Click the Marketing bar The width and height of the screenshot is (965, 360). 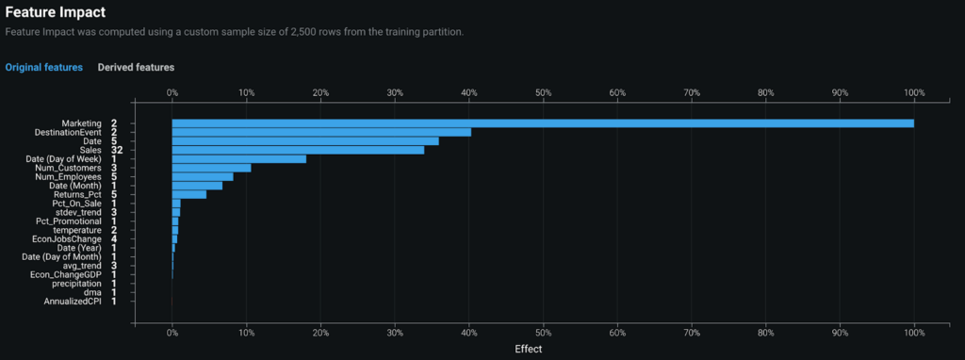(542, 123)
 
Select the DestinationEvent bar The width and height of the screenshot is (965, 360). (320, 132)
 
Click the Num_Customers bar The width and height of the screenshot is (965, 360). (211, 168)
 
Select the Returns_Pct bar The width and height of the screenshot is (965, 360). (188, 194)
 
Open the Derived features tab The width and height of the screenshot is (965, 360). (136, 68)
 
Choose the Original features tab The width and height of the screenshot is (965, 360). (43, 68)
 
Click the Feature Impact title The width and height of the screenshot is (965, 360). (55, 13)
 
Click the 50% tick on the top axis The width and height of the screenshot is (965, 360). (543, 93)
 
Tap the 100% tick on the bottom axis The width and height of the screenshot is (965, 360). (913, 333)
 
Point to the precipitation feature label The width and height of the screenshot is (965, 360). (77, 284)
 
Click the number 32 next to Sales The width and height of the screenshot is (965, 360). (117, 150)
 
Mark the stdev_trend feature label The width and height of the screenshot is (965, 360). (78, 212)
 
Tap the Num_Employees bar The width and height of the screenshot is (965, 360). (202, 177)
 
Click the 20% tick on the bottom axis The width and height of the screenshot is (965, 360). (320, 333)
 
